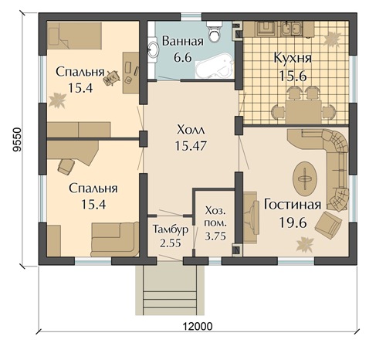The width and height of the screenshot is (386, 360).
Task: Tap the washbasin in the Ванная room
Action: point(154,49)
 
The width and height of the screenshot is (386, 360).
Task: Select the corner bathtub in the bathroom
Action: point(215,66)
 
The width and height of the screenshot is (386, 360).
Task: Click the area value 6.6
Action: point(183,57)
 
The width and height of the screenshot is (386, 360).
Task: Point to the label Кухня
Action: point(293,58)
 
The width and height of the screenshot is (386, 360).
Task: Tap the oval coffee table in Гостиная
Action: point(305,178)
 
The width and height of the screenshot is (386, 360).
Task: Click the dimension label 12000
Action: point(198,326)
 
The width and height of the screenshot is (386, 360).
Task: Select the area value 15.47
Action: point(191,146)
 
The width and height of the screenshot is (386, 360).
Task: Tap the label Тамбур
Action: point(170,229)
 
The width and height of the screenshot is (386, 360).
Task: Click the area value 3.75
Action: point(215,236)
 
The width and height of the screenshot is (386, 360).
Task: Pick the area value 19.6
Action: point(293,222)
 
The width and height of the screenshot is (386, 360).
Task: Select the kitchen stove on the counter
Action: point(266,29)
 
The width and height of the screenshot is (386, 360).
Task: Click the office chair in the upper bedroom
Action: point(112,77)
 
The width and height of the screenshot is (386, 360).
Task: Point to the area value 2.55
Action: point(171,243)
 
